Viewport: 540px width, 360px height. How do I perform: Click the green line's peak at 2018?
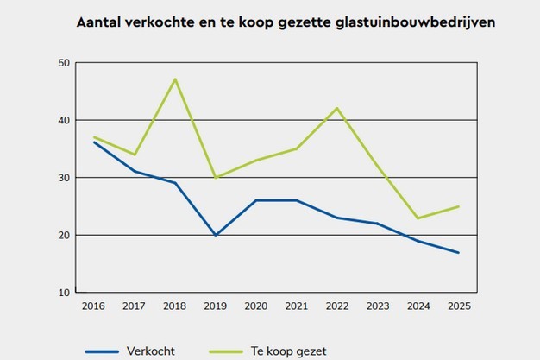175,79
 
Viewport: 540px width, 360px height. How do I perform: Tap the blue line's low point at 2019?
216,235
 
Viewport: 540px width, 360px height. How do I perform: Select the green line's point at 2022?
336,108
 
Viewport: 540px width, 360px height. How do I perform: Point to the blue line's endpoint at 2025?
458,252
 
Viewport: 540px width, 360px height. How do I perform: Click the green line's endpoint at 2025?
458,206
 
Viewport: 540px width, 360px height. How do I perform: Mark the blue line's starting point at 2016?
94,142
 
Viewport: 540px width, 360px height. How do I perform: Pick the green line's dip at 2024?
418,218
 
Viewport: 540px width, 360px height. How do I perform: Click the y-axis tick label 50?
63,63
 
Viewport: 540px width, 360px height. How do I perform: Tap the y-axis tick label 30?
63,178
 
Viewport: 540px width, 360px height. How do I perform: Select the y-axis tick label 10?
63,293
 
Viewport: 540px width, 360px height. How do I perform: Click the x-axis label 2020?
255,305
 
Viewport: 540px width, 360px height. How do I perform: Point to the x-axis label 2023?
377,305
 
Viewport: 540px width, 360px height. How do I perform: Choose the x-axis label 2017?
135,305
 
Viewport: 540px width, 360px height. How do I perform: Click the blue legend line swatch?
101,351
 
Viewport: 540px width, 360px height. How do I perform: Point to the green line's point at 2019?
216,178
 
